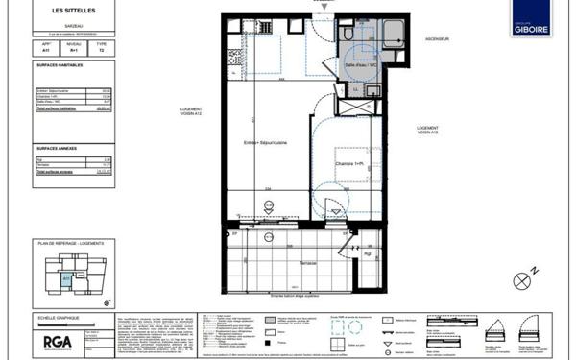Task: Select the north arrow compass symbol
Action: click(x=522, y=281)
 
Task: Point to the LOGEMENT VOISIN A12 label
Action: click(x=191, y=112)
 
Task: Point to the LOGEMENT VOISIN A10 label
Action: click(x=427, y=131)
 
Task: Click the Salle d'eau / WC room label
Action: click(x=363, y=63)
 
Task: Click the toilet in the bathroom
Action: click(x=345, y=36)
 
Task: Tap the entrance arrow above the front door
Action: click(x=324, y=7)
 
